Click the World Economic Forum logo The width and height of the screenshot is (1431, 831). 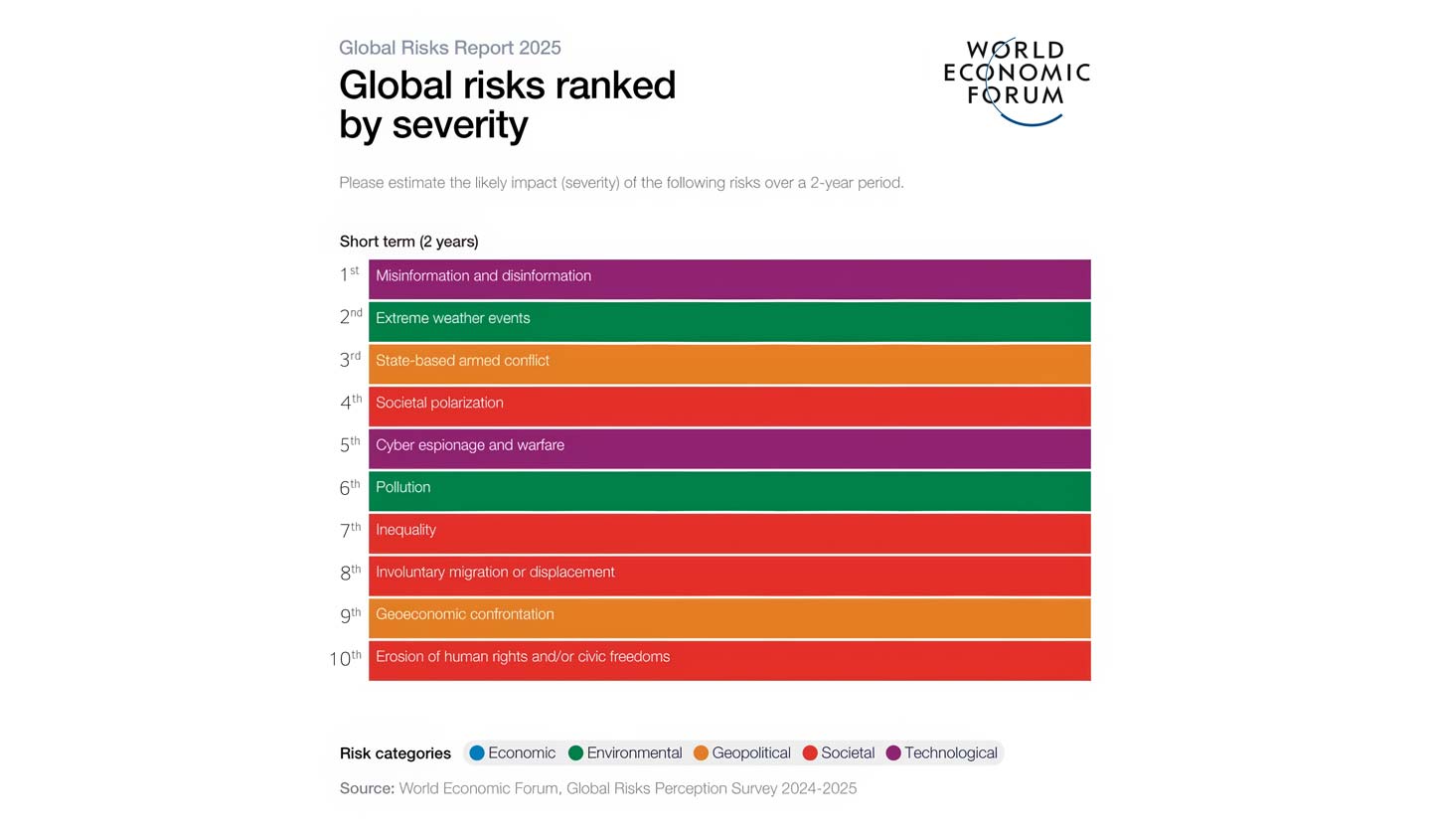tap(1016, 80)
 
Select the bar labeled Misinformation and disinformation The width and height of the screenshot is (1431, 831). tap(728, 278)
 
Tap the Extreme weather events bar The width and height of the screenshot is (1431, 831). tap(728, 321)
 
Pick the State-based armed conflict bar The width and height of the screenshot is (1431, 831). tap(728, 364)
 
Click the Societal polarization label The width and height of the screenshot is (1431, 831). tap(439, 403)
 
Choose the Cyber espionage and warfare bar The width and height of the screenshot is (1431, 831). tap(728, 448)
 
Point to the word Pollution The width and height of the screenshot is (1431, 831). tap(402, 487)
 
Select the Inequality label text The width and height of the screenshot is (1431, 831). tap(405, 530)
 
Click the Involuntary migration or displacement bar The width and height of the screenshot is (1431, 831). tap(728, 576)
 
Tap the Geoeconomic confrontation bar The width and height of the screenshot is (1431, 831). tap(728, 617)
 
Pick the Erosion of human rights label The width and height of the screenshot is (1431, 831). tap(523, 657)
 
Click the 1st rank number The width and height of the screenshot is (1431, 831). tap(349, 275)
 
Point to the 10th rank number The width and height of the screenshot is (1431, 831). tap(345, 658)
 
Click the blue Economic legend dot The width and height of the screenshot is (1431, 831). tap(477, 753)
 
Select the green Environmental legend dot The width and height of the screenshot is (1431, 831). tap(575, 753)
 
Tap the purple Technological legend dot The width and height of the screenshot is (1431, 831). tap(893, 753)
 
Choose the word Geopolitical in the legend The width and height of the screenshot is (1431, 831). tap(751, 753)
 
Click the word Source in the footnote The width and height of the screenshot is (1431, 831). tap(367, 788)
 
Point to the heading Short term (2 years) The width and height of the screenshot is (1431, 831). tap(408, 242)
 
